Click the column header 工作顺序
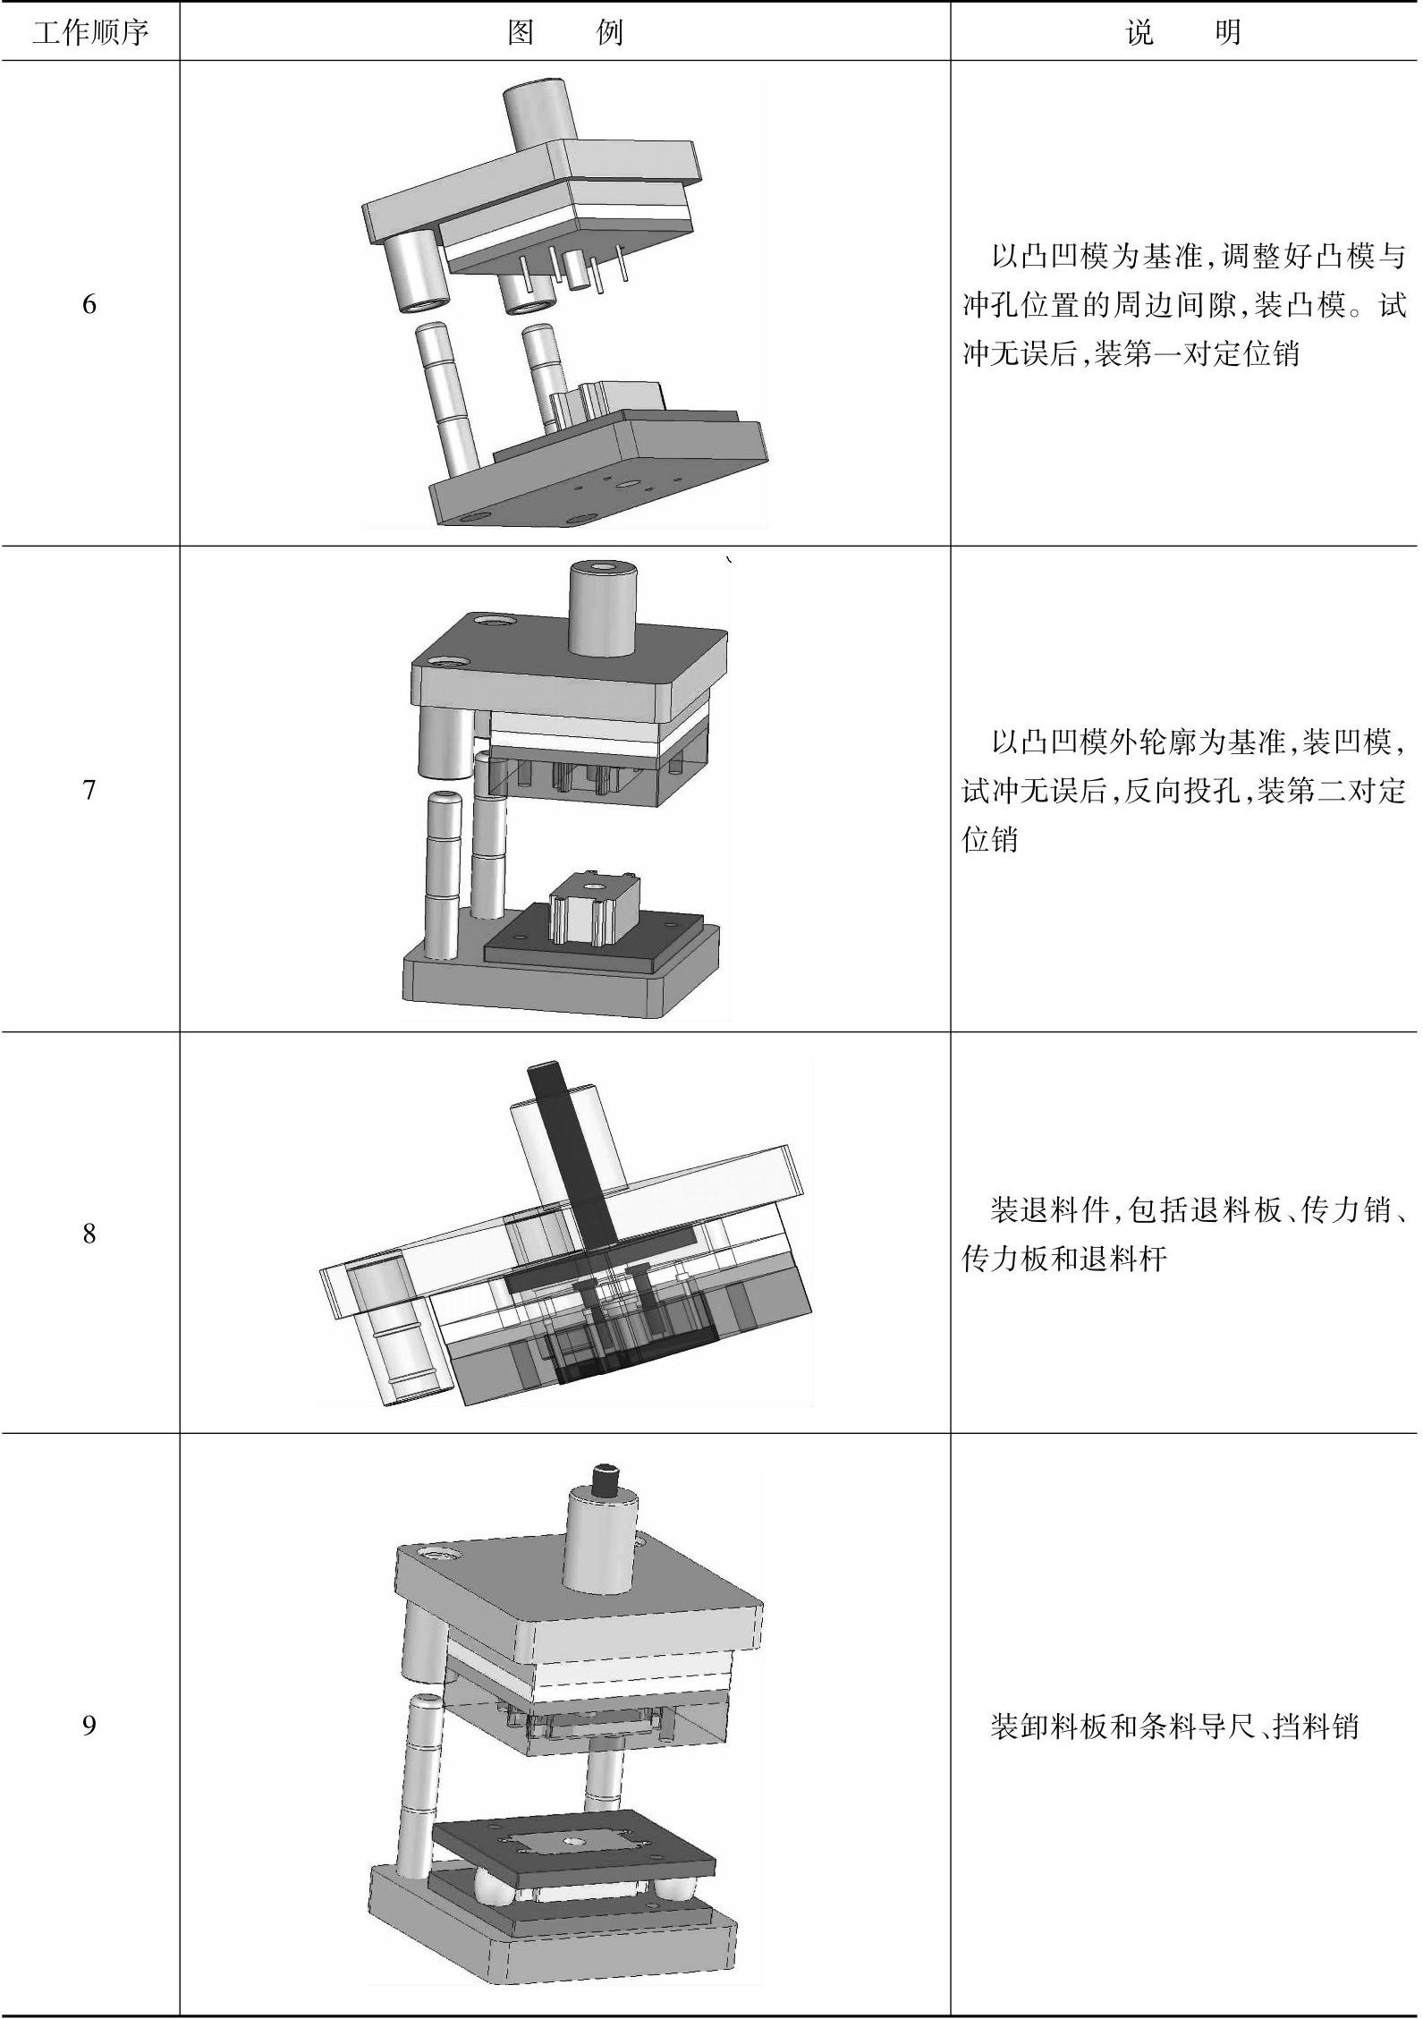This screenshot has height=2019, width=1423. pos(89,33)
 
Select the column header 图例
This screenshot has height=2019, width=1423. pos(564,33)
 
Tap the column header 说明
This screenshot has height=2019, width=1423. pos(1183,33)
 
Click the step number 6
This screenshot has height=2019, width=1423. pos(89,305)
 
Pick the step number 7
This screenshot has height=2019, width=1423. pos(89,790)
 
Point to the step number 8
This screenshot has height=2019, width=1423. pos(89,1234)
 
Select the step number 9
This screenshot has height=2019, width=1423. pos(89,1725)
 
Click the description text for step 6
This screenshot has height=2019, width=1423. pos(1183,305)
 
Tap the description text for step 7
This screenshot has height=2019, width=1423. pos(1183,790)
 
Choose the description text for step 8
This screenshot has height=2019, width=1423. pos(1183,1234)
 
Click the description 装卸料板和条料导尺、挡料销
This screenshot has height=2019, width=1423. pos(1173,1726)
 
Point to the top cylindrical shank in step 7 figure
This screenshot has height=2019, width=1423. pos(603,608)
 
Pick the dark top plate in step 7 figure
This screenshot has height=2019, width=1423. pos(572,649)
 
